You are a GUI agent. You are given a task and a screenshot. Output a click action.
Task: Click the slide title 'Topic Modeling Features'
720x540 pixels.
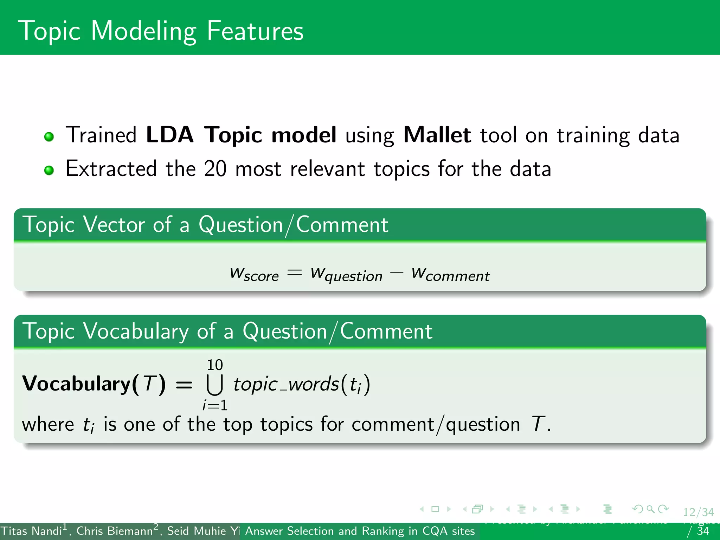tap(161, 31)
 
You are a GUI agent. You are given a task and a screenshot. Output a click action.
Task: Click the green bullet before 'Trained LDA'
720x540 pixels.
tap(49, 136)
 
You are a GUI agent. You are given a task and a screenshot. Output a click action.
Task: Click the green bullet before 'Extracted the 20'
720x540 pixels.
tap(49, 170)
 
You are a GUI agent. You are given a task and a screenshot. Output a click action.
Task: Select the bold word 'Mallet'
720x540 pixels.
tap(437, 135)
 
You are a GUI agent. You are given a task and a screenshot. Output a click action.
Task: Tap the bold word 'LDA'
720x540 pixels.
tap(169, 135)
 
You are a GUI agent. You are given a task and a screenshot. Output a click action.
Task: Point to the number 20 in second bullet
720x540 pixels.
tap(215, 169)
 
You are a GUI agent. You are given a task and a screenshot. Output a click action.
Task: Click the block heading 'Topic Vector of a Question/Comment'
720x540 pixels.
tap(205, 225)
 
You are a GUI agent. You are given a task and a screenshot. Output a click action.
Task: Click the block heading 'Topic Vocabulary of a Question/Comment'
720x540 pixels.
tap(227, 331)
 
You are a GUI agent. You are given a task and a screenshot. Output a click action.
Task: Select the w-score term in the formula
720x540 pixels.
tap(254, 274)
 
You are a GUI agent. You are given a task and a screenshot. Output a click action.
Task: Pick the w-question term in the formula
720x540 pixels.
tap(346, 274)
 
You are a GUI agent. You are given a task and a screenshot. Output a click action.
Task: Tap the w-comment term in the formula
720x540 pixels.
tap(450, 274)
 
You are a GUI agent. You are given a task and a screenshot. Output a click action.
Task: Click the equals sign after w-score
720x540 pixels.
tap(294, 272)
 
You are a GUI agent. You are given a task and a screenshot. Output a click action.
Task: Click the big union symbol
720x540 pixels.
tap(214, 385)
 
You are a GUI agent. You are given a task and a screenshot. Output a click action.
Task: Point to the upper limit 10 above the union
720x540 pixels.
tap(214, 365)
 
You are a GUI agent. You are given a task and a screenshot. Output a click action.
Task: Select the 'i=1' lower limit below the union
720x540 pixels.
tap(215, 405)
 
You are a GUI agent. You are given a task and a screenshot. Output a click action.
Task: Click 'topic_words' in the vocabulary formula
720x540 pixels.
tap(285, 384)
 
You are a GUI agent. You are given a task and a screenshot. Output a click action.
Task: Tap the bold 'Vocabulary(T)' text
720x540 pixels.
tap(94, 384)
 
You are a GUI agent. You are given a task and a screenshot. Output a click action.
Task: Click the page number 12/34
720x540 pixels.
tap(698, 512)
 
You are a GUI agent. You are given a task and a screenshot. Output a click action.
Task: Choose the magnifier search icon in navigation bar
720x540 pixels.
tap(650, 509)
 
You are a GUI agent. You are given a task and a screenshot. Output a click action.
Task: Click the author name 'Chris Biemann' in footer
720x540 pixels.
tap(115, 531)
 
